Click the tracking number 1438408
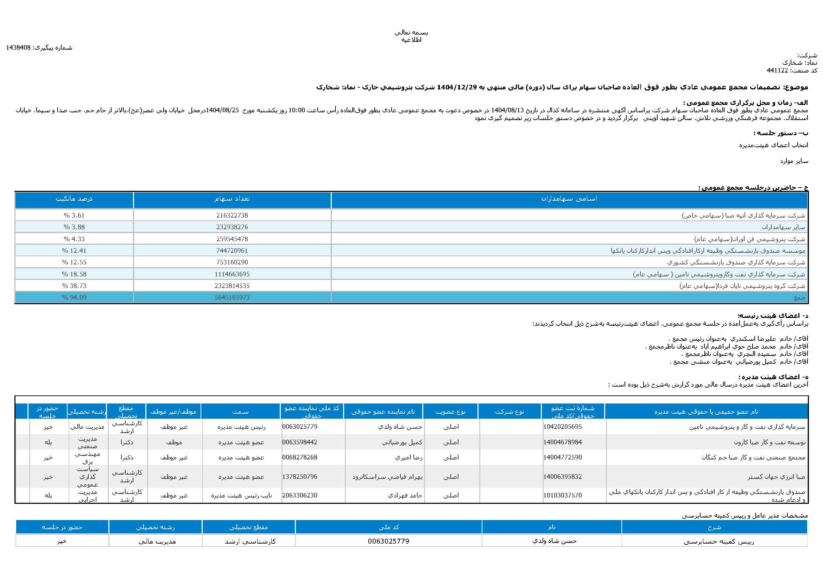pos(18,48)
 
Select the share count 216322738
pos(232,215)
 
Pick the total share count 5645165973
pos(232,297)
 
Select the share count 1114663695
pos(232,274)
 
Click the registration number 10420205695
pos(562,427)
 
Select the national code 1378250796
pos(300,477)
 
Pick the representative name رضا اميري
pos(408,458)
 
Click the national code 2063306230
pos(300,495)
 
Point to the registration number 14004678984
pos(562,442)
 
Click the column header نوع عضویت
pos(450,412)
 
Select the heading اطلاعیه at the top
pos(412,40)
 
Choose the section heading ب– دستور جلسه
pos(780,133)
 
